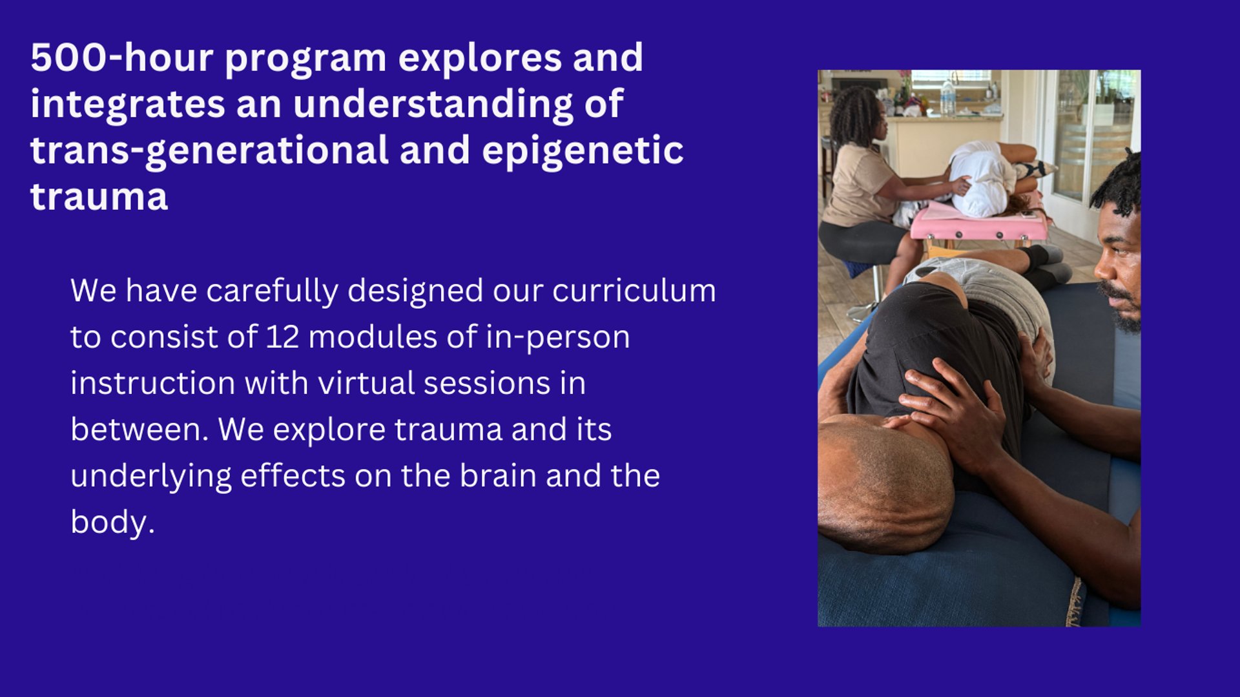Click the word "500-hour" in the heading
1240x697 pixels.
click(122, 57)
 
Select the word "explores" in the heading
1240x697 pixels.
click(480, 57)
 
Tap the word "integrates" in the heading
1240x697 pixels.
click(127, 104)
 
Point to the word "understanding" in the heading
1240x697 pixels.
click(433, 104)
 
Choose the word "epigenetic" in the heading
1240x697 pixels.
click(583, 151)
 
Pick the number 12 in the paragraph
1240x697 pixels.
click(282, 337)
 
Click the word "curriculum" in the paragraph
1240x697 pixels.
click(634, 291)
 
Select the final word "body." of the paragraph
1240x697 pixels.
click(113, 522)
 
